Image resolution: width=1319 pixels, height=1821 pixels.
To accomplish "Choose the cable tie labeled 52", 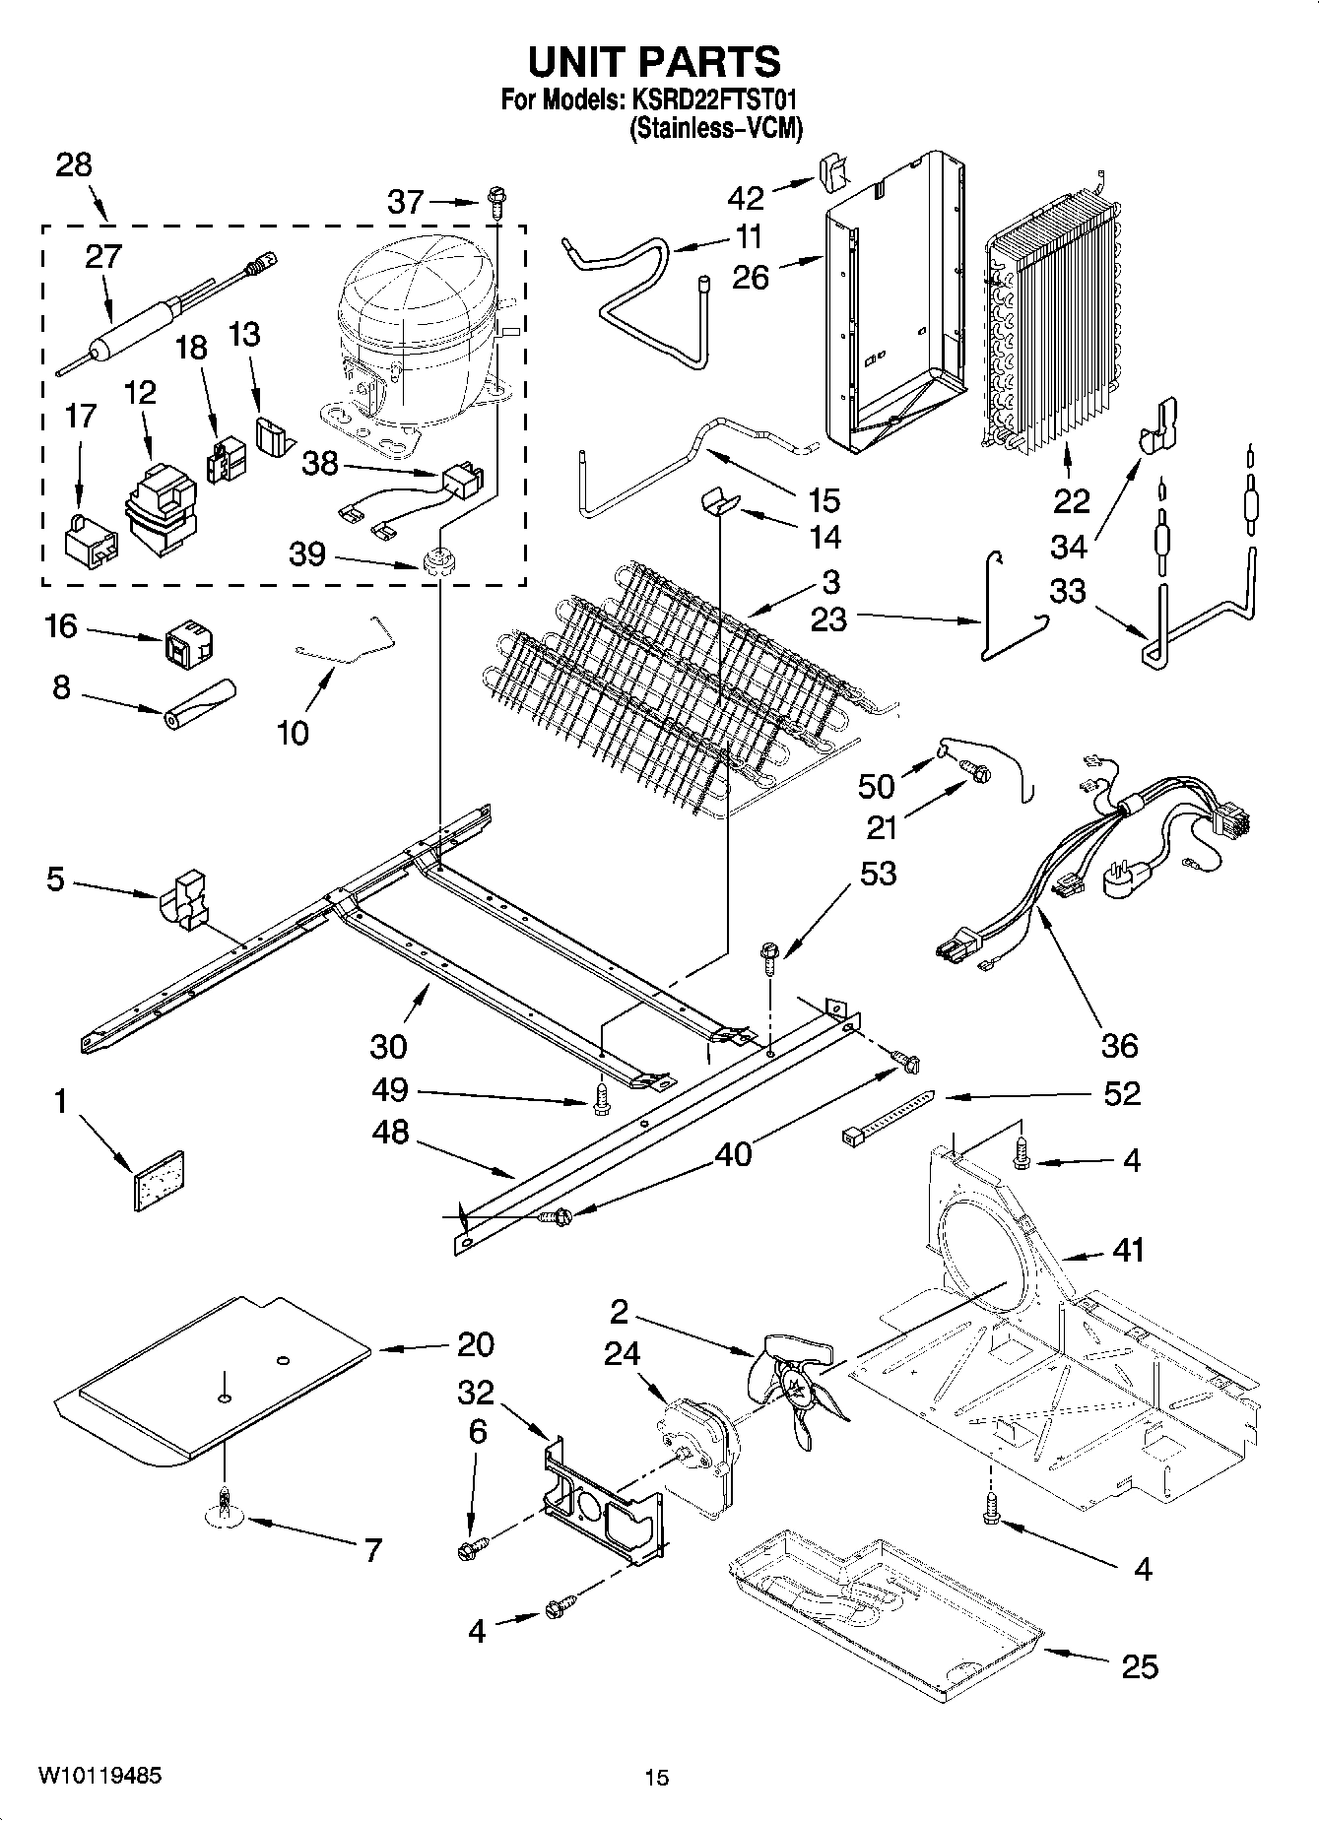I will [886, 1117].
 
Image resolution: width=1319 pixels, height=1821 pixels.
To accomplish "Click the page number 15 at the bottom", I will [657, 1778].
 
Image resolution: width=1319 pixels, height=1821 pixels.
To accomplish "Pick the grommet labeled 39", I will [435, 563].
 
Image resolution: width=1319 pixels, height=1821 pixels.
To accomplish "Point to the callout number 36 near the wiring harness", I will [1119, 1045].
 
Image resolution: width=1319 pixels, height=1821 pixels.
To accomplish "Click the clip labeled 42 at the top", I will [833, 171].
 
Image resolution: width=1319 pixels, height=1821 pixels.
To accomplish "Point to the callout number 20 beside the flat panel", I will [475, 1344].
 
